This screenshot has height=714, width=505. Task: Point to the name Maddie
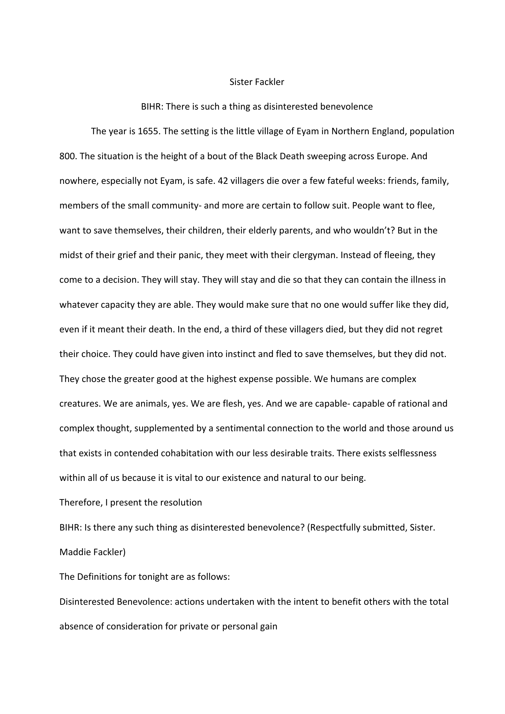click(x=75, y=552)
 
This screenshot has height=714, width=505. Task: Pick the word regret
click(x=429, y=330)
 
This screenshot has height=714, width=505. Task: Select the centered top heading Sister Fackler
click(x=257, y=82)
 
